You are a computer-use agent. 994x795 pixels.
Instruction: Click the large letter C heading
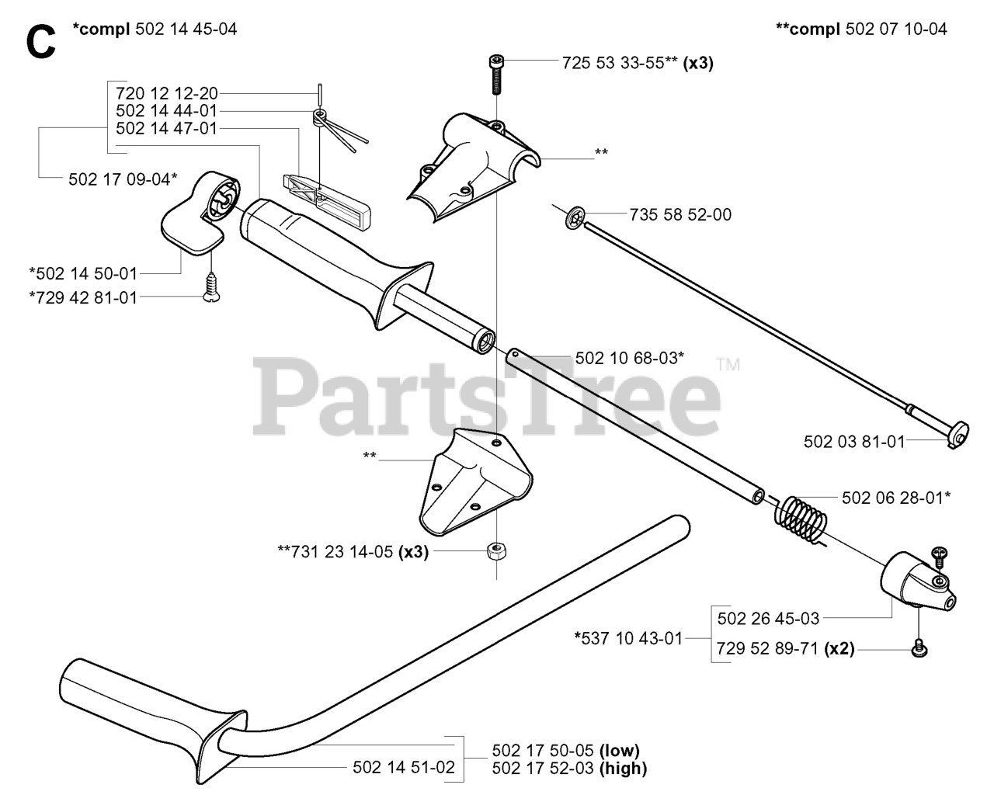click(40, 43)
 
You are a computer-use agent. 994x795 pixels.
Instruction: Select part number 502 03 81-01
click(854, 442)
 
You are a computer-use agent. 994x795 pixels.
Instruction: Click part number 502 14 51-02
click(403, 768)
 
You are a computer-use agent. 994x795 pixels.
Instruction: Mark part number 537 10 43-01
click(628, 638)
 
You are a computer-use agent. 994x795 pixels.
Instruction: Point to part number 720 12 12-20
click(166, 93)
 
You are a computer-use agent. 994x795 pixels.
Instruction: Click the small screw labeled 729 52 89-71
click(920, 646)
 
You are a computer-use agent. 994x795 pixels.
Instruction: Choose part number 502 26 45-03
click(768, 619)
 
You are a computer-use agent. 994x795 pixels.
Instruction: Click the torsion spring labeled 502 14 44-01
click(319, 118)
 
